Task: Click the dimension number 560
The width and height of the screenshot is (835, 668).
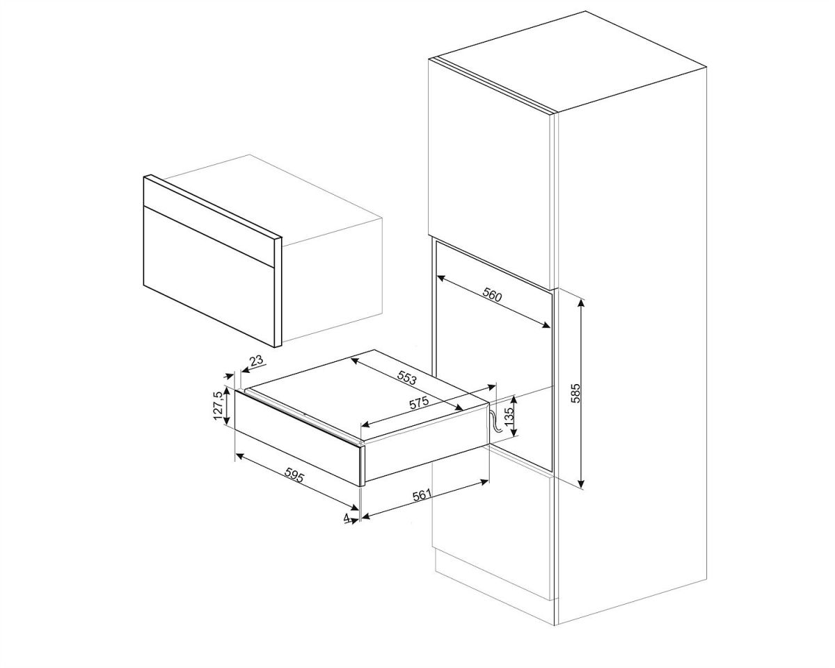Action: (492, 296)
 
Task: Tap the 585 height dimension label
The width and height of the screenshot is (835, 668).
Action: (576, 393)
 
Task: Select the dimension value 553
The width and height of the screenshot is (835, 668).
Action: (406, 377)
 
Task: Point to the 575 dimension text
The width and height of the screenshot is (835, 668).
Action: (419, 402)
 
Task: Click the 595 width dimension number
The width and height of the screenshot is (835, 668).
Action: (294, 475)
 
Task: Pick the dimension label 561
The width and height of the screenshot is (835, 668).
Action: (422, 495)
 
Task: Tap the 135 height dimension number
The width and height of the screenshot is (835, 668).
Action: (510, 415)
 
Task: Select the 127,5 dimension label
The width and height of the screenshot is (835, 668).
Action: (218, 406)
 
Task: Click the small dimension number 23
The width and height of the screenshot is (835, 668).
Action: (257, 360)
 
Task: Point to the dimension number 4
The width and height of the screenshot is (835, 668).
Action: (347, 518)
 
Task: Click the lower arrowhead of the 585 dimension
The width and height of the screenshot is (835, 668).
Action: (581, 484)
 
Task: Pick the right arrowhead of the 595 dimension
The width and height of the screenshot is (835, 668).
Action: (354, 508)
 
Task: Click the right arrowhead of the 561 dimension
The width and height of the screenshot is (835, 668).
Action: (484, 482)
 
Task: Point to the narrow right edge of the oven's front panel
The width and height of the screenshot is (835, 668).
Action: (278, 292)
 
